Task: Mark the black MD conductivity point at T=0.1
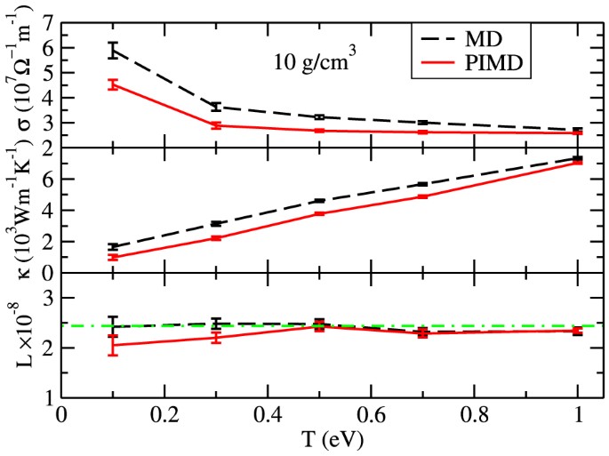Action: (x=113, y=50)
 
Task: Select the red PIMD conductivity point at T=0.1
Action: (x=113, y=84)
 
